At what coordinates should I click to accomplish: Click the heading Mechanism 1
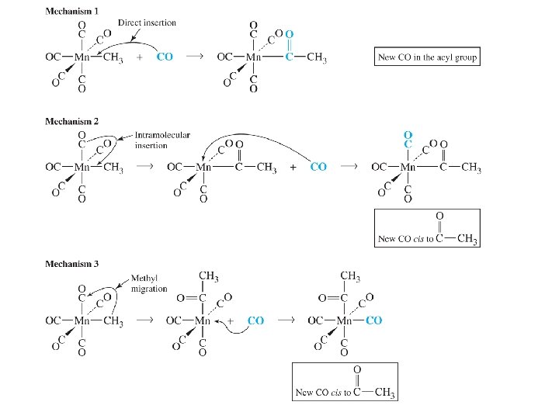pos(72,11)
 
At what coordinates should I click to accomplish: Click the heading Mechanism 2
pos(72,121)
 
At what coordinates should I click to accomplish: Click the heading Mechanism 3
pos(72,264)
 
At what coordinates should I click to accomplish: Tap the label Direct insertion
pos(147,23)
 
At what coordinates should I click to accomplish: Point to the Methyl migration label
pos(148,283)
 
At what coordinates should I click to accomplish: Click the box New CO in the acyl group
pos(426,57)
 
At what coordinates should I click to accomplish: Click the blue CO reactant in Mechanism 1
pos(165,57)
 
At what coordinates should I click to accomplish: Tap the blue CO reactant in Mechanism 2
pos(318,167)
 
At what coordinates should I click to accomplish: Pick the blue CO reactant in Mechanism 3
pos(256,320)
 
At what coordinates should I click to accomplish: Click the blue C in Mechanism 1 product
pos(290,57)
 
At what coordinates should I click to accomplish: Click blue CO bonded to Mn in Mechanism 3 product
pos(373,320)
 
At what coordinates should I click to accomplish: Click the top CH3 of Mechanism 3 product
pos(352,275)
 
